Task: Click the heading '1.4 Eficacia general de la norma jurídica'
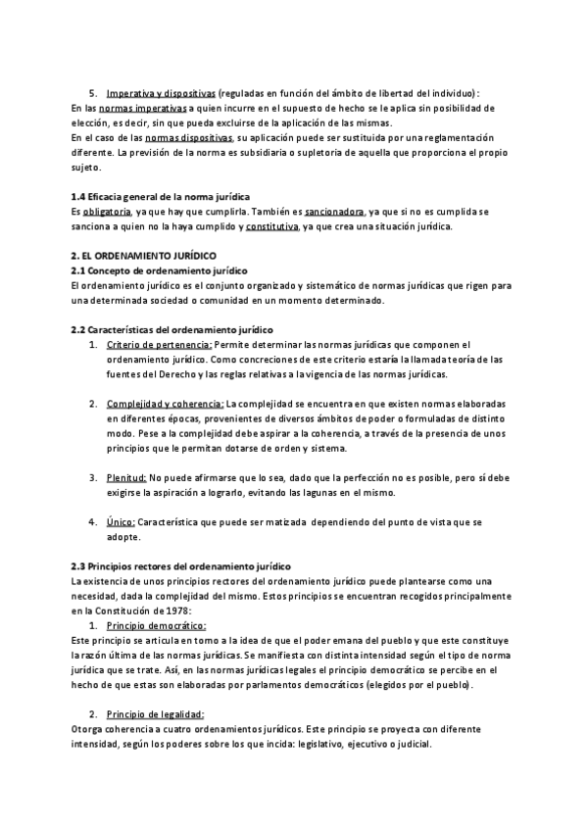[x=161, y=197]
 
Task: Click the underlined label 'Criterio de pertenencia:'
[x=160, y=344]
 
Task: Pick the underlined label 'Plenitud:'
[x=127, y=477]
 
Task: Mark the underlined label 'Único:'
[x=122, y=522]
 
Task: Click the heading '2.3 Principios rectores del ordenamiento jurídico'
[x=180, y=566]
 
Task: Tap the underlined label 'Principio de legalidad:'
[x=156, y=714]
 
